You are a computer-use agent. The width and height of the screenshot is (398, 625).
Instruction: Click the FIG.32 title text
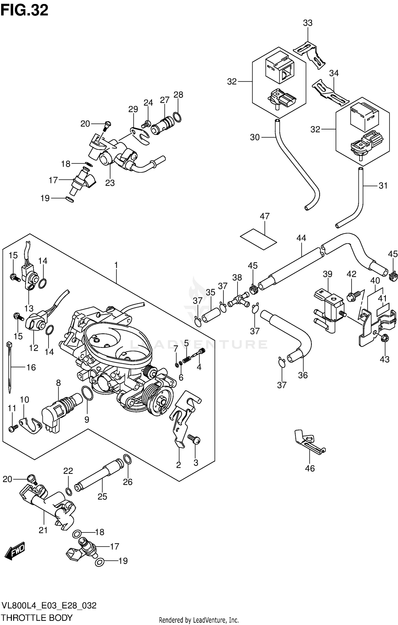[x=24, y=11]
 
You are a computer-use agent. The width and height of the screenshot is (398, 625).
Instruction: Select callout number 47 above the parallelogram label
[x=265, y=216]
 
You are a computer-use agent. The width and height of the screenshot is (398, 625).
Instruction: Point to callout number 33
[x=308, y=23]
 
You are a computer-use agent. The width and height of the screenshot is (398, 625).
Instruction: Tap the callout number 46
[x=310, y=476]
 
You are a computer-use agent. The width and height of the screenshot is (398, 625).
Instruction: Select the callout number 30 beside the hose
[x=255, y=137]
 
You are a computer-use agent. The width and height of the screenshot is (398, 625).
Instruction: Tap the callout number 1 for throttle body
[x=116, y=265]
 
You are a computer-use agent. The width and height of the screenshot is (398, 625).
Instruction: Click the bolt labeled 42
[x=353, y=294]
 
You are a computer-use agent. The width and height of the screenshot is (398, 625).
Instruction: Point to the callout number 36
[x=303, y=375]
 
